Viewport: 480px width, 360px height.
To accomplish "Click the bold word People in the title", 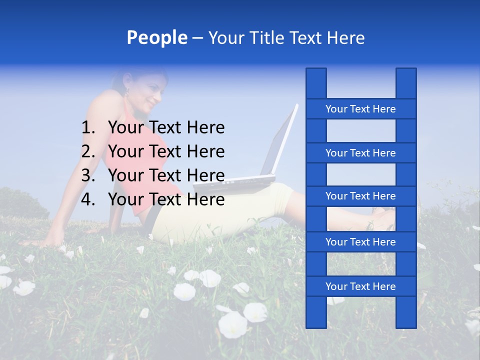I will coord(156,38).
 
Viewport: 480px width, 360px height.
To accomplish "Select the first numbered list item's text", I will coord(166,128).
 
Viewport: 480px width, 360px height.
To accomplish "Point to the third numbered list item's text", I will coord(166,175).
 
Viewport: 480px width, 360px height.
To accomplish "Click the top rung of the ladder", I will coord(360,109).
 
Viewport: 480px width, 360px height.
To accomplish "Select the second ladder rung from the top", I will coord(360,153).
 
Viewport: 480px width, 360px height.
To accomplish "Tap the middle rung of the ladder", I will coord(360,196).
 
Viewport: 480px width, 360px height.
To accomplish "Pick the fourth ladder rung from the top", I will coord(360,242).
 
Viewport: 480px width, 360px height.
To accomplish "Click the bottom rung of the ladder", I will coord(360,286).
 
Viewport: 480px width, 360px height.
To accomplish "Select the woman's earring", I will coord(127,92).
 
